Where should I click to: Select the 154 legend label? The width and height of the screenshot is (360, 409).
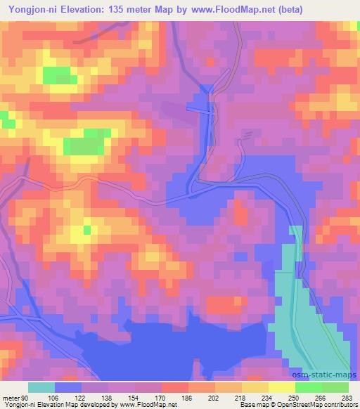(135, 379)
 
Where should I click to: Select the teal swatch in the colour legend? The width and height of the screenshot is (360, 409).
(41, 387)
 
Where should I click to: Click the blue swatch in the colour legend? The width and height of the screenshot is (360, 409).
(67, 387)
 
